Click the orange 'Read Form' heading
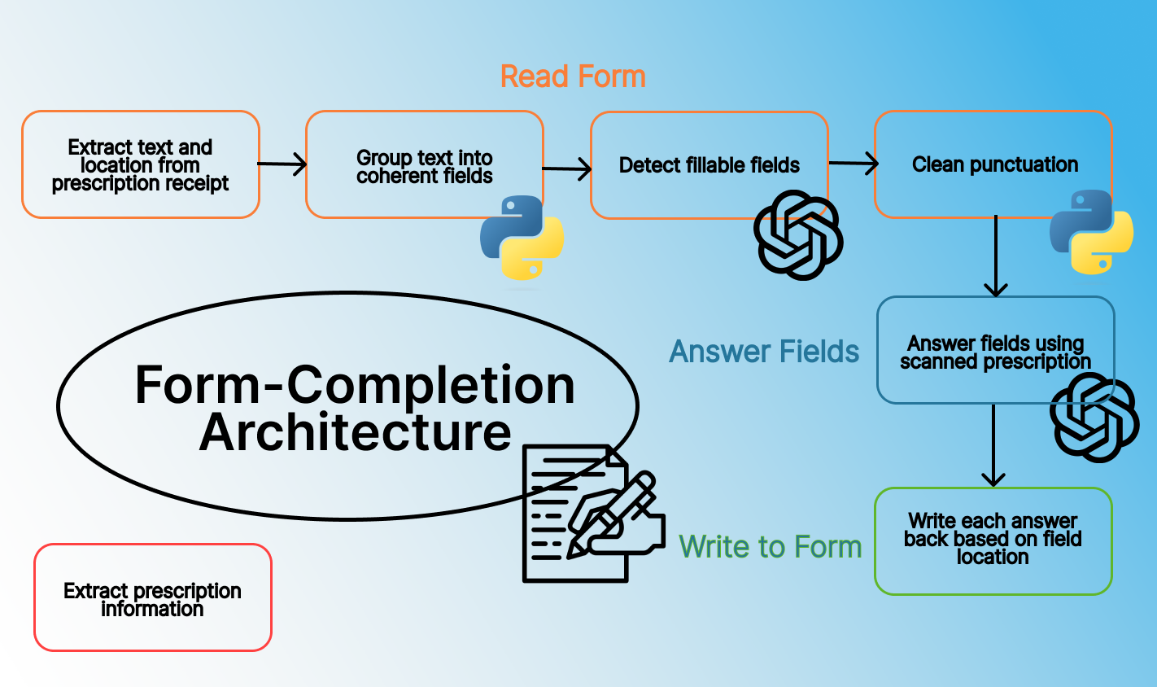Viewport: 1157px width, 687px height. point(573,77)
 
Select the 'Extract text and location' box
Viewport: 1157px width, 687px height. point(141,164)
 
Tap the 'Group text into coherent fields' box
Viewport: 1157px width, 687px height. point(424,164)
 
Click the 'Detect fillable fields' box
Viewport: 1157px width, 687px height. point(709,165)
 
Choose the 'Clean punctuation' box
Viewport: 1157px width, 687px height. point(993,164)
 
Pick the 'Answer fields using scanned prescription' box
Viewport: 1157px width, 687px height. point(995,350)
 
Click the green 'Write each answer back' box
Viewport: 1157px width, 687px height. point(993,541)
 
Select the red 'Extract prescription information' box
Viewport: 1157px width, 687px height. point(153,597)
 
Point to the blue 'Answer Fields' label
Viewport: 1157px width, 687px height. point(764,352)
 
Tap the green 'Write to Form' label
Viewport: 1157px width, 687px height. point(771,546)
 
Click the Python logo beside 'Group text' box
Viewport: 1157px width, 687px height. point(522,238)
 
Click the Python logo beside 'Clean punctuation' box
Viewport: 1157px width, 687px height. point(1091,232)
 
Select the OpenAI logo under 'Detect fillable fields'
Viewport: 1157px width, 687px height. point(798,235)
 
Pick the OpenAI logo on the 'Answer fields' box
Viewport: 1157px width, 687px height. point(1094,418)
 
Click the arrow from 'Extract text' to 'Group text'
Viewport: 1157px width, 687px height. point(282,164)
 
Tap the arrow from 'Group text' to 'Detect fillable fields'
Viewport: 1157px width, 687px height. point(566,169)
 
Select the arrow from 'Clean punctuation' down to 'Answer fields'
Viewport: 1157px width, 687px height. point(996,256)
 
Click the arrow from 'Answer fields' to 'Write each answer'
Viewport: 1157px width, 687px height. point(993,446)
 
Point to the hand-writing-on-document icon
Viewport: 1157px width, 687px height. point(593,514)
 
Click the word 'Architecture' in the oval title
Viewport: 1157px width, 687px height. point(355,432)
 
